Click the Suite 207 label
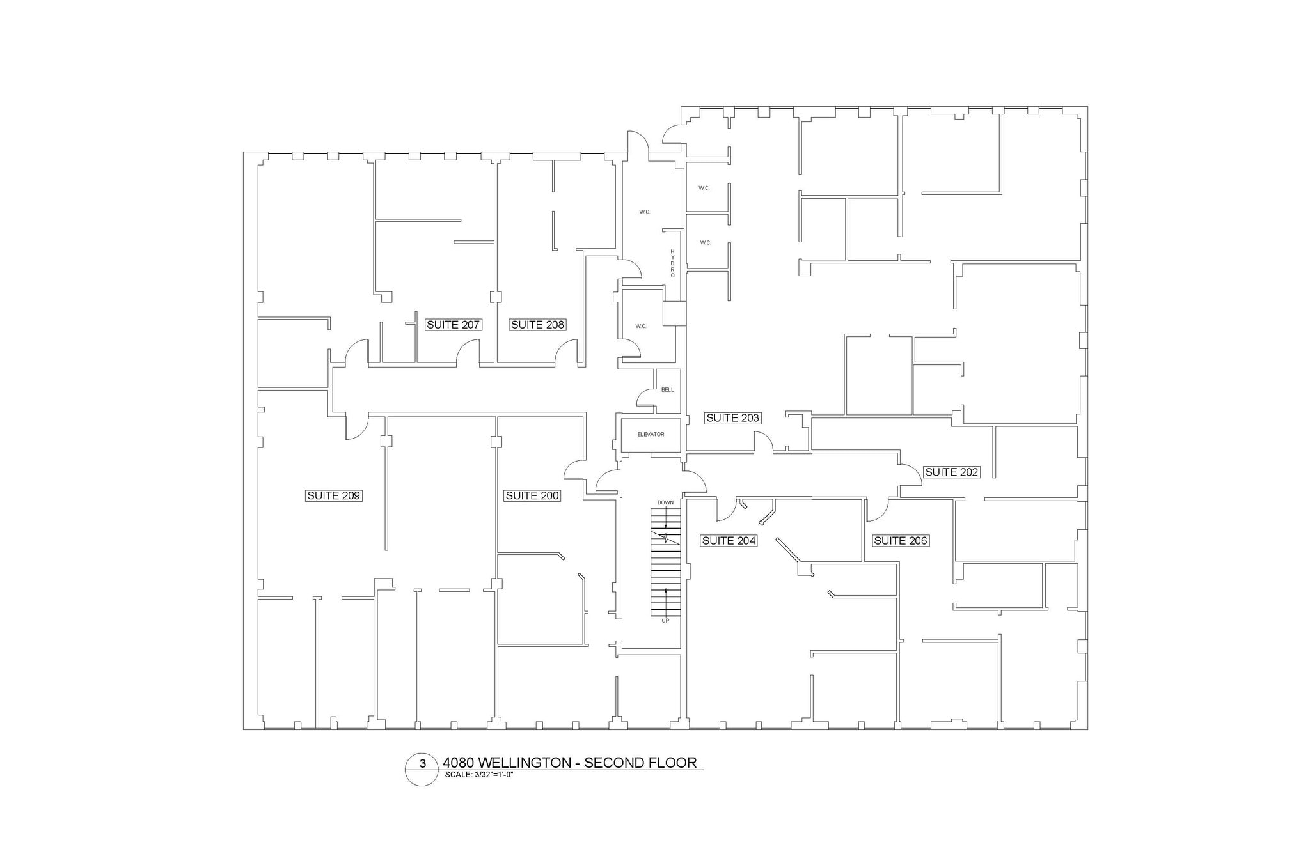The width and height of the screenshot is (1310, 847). click(453, 325)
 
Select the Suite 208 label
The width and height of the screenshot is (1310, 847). click(537, 325)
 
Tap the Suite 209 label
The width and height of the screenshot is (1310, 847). click(334, 495)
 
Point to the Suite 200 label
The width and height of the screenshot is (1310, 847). click(532, 495)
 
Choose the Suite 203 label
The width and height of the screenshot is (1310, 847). click(732, 418)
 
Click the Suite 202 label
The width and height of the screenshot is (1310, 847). click(952, 472)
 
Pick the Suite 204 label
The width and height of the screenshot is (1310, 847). click(729, 541)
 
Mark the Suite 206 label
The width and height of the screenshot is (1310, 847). click(901, 541)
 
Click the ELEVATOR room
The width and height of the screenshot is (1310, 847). click(651, 435)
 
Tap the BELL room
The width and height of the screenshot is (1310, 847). click(668, 390)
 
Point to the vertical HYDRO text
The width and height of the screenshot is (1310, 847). click(672, 263)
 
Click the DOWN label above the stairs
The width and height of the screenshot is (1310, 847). click(665, 502)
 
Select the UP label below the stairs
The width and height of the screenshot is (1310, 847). click(665, 621)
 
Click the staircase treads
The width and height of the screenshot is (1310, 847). click(665, 563)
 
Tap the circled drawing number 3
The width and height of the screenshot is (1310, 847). click(422, 764)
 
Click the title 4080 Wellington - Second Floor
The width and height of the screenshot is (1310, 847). click(569, 763)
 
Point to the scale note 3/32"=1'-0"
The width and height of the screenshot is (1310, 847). click(480, 775)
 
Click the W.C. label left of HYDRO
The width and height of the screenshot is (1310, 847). click(645, 212)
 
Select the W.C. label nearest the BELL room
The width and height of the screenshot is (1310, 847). click(641, 327)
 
